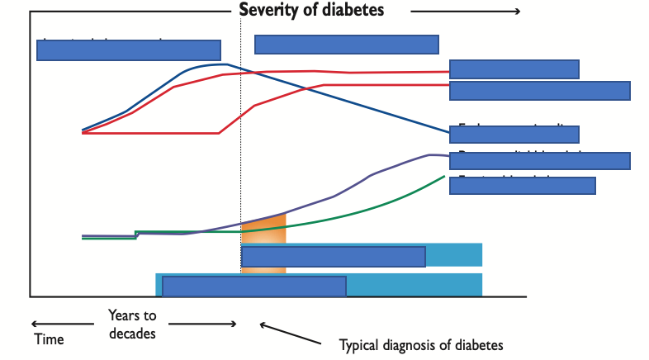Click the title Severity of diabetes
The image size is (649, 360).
[311, 11]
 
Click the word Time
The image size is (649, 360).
[49, 339]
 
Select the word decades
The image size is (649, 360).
[132, 333]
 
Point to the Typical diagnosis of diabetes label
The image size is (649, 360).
[421, 343]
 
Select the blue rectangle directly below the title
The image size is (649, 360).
[346, 45]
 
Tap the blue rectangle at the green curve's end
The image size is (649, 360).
[522, 185]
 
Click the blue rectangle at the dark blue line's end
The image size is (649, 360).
[519, 134]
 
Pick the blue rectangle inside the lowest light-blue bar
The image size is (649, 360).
[253, 286]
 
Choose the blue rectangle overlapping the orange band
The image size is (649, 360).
[333, 257]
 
